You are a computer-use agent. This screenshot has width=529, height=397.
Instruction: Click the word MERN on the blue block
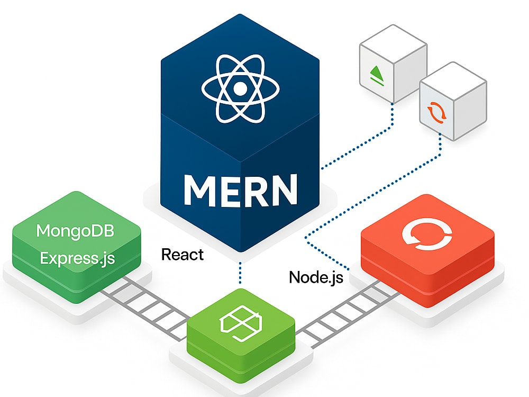click(241, 190)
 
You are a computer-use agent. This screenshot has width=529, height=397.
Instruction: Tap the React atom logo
click(240, 89)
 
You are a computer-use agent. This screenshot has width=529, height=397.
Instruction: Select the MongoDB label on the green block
click(75, 231)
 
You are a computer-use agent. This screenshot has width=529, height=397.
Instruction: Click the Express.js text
click(77, 259)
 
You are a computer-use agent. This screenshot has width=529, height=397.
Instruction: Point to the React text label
click(182, 255)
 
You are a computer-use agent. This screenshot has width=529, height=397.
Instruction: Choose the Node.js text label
click(316, 277)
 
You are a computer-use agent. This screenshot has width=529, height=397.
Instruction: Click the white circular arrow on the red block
click(427, 234)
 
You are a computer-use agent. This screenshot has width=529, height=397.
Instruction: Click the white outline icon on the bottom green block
click(240, 323)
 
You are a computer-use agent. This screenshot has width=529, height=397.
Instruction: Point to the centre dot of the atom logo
click(240, 89)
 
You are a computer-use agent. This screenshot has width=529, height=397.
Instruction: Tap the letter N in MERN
click(283, 190)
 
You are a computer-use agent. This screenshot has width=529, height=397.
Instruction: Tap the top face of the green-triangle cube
click(394, 43)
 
